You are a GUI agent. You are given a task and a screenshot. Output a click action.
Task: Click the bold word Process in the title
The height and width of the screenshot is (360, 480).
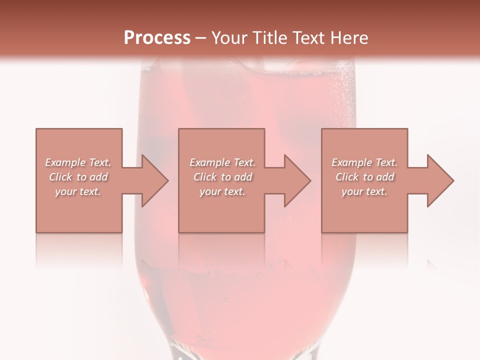[x=157, y=38]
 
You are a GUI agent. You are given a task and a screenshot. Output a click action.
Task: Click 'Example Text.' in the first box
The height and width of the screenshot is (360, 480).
[x=78, y=162]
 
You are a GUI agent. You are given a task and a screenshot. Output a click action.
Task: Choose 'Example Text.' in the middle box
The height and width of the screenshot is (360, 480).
[x=222, y=162]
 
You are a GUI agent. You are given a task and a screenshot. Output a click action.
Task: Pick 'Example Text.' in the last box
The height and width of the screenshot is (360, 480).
[x=364, y=162]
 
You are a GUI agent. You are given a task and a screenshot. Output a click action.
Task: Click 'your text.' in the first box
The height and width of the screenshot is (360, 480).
[x=78, y=191]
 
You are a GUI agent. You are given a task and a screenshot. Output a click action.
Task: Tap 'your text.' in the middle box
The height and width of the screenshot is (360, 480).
[x=222, y=191]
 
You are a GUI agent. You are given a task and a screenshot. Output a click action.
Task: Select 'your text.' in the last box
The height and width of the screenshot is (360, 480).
[x=364, y=191]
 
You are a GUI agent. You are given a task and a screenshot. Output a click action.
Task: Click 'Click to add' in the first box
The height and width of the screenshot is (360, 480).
[x=78, y=177]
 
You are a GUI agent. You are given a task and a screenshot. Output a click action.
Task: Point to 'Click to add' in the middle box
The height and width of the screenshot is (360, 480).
[x=222, y=177]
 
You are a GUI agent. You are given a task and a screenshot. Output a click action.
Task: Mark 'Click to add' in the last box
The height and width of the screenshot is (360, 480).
[x=364, y=177]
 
